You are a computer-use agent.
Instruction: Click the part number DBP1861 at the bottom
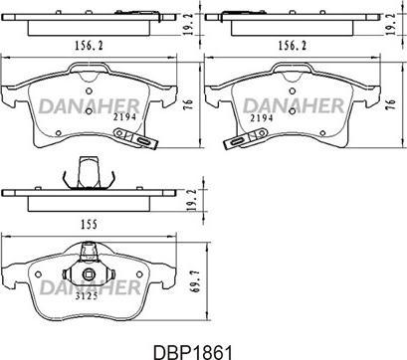(x=192, y=352)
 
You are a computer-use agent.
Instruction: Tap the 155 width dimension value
(x=89, y=225)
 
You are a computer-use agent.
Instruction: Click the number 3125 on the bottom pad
(x=87, y=296)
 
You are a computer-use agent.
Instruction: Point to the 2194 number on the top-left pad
(x=124, y=117)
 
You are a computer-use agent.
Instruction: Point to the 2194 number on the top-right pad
(x=262, y=118)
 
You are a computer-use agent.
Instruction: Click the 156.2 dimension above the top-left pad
(x=89, y=46)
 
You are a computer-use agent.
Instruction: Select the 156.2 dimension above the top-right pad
(x=293, y=46)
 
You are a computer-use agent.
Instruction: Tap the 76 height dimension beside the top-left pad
(x=188, y=105)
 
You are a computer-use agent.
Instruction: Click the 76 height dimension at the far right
(x=392, y=105)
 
